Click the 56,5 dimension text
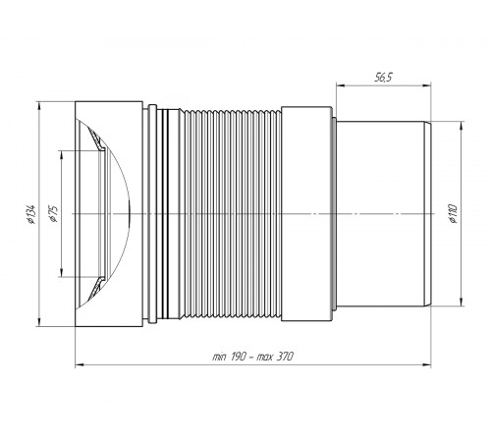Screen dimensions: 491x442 (383, 78)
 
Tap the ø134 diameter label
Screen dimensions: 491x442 (31, 214)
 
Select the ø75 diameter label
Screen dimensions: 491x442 (53, 214)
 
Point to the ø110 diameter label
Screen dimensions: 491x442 (453, 213)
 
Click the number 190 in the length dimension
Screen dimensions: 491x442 (239, 357)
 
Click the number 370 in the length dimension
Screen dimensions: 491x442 (285, 357)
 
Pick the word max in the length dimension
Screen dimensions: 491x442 (265, 357)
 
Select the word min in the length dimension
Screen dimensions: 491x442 (220, 357)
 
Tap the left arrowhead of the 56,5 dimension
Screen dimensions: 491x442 (341, 85)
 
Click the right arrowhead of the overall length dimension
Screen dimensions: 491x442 (427, 364)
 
